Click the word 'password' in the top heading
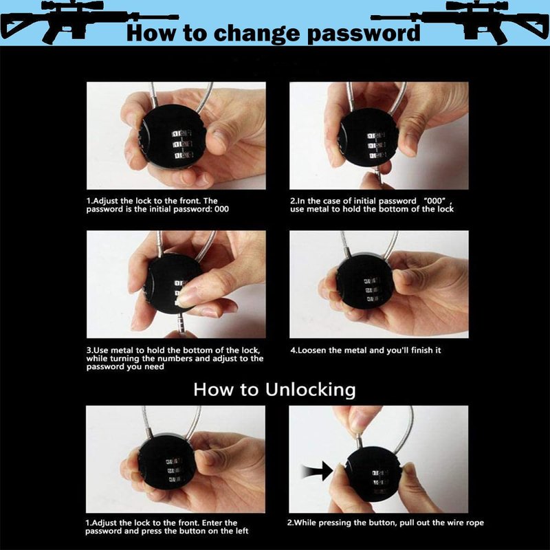[x=364, y=33]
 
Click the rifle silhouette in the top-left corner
[x=88, y=21]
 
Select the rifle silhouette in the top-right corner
[x=460, y=22]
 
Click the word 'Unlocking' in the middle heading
[x=311, y=390]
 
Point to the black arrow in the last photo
[x=318, y=471]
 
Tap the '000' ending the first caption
[x=221, y=210]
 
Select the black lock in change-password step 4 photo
[x=366, y=284]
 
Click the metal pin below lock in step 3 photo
[x=182, y=324]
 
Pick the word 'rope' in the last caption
[x=474, y=523]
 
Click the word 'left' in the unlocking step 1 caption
[x=242, y=531]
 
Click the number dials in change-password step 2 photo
[x=376, y=145]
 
